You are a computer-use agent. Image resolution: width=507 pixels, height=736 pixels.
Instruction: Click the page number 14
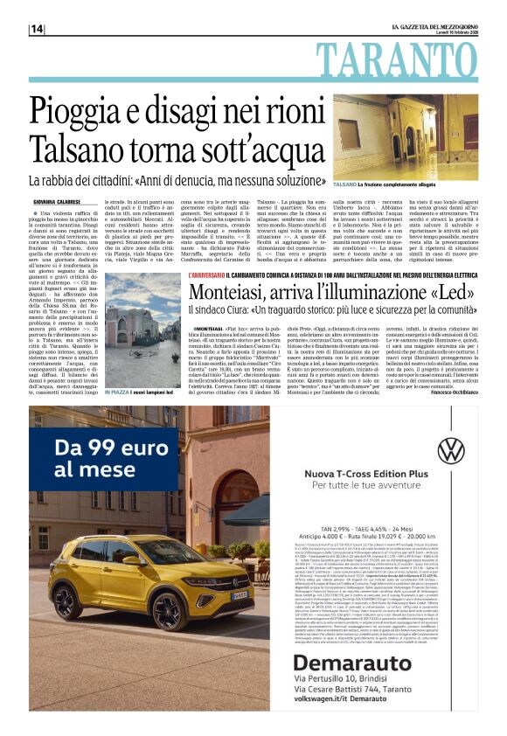37,29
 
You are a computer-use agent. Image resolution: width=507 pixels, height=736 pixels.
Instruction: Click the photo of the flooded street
404,138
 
